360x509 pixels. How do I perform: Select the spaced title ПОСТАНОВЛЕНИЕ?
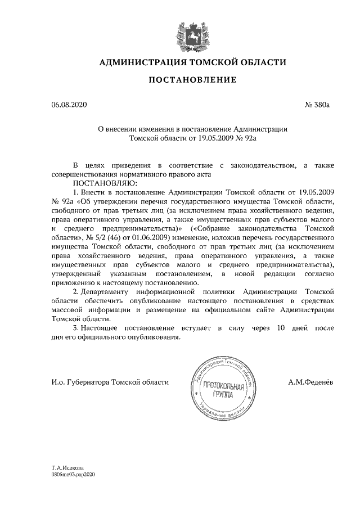pyautogui.click(x=192, y=81)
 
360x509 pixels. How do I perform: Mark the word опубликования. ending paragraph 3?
pyautogui.click(x=153, y=337)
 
